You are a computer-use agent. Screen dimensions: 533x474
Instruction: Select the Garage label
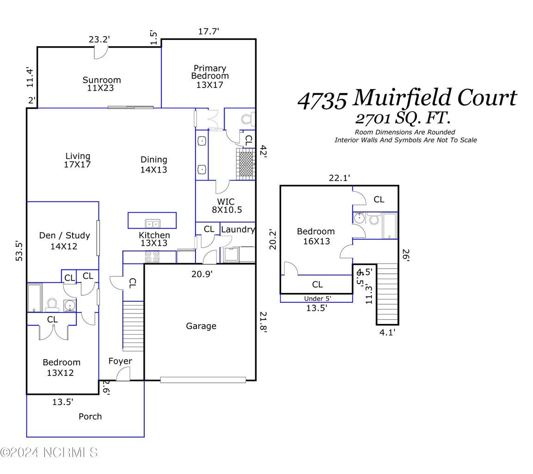point(201,326)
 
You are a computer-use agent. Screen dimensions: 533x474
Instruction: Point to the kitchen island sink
point(152,224)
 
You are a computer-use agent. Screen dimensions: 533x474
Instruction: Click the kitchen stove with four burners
point(153,256)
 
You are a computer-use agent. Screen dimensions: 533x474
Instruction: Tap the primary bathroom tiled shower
point(245,163)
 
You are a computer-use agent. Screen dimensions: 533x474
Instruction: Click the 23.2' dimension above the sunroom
point(99,39)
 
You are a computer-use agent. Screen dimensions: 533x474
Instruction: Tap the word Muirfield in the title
point(401,98)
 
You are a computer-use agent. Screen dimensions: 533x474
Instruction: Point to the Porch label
point(90,416)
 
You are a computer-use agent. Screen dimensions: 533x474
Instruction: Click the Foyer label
point(120,361)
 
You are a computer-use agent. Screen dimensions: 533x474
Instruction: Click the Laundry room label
point(238,229)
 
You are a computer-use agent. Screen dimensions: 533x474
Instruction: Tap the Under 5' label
point(318,298)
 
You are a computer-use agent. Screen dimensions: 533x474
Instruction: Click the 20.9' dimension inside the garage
point(202,274)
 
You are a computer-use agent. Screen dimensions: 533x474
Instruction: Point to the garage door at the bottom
point(203,380)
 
